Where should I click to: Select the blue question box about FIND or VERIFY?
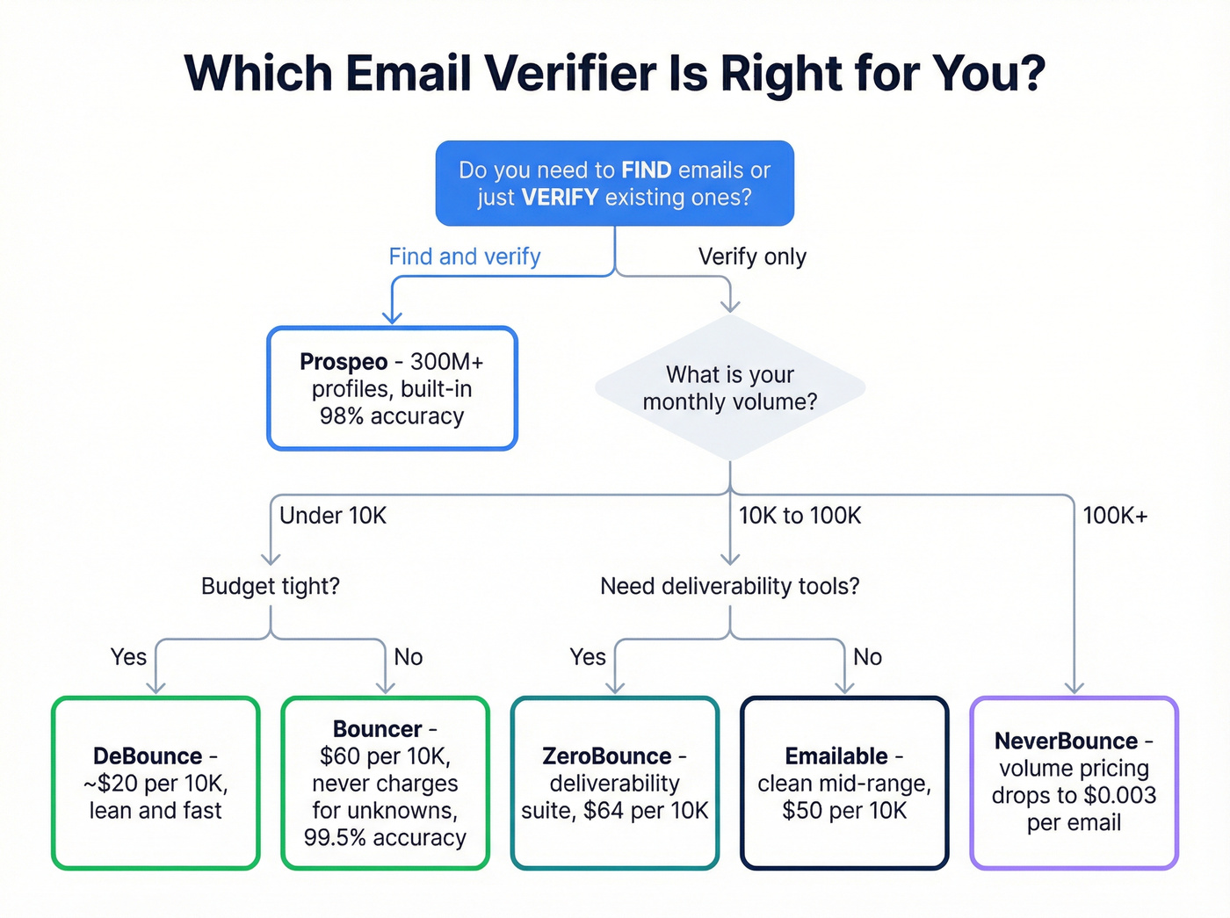[614, 183]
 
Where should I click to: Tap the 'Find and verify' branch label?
[464, 257]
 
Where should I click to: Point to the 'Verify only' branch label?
[752, 257]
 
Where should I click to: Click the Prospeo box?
[392, 388]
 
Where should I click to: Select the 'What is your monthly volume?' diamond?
[730, 388]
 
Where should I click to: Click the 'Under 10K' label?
[333, 516]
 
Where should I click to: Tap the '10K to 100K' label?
[799, 516]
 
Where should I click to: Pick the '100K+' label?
[1115, 516]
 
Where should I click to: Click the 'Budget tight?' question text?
[271, 586]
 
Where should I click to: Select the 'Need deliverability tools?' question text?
[730, 586]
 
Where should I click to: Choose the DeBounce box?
[156, 783]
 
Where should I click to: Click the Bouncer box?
[385, 783]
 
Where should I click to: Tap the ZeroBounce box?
[615, 783]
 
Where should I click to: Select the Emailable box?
[844, 783]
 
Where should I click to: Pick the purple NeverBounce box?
[1074, 783]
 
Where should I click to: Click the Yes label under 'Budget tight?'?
[128, 657]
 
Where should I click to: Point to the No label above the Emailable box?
[867, 657]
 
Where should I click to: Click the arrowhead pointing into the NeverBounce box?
[1074, 688]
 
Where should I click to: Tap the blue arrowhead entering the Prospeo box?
[392, 317]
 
